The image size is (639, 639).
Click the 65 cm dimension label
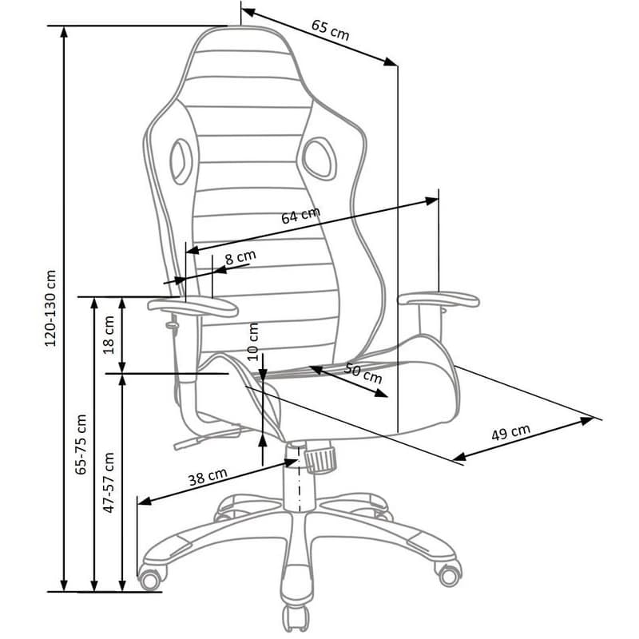[330, 30]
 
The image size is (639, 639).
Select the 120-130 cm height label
[50, 308]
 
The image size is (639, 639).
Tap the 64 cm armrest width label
[301, 215]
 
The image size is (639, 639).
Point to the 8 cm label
[240, 257]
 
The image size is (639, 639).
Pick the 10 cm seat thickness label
[253, 342]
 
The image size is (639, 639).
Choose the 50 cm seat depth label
[363, 373]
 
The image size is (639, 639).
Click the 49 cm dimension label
[510, 432]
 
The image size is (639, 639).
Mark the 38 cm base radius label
[208, 476]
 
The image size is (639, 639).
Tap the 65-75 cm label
[81, 444]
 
